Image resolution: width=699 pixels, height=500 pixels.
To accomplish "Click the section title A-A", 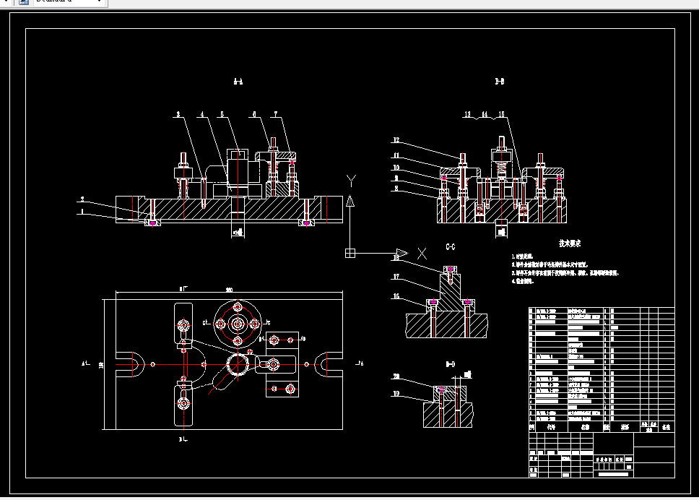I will tap(238, 82).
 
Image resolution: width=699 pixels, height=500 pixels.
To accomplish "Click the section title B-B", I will tap(499, 82).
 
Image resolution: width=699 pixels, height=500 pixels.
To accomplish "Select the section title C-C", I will tap(451, 247).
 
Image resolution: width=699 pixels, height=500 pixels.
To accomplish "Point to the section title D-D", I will tap(451, 363).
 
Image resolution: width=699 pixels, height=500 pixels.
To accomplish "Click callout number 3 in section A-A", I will tap(178, 114).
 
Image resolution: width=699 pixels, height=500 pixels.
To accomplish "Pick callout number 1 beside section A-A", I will tap(82, 212).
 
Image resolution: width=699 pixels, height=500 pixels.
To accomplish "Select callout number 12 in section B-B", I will tap(396, 140).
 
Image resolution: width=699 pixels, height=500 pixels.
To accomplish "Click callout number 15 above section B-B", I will tap(502, 114).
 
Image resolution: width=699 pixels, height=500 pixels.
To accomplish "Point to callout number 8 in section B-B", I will tap(396, 189).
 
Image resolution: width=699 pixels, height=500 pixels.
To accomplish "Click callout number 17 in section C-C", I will tap(396, 277).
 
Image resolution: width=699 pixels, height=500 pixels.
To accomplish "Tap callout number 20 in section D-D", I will tap(396, 376).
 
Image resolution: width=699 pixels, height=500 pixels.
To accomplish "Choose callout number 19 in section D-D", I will tap(396, 394).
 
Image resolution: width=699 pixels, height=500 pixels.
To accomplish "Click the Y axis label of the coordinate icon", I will tap(350, 179).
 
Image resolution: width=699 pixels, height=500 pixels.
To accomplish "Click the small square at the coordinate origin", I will tap(350, 253).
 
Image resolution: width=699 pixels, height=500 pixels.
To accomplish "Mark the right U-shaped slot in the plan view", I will tap(329, 363).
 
